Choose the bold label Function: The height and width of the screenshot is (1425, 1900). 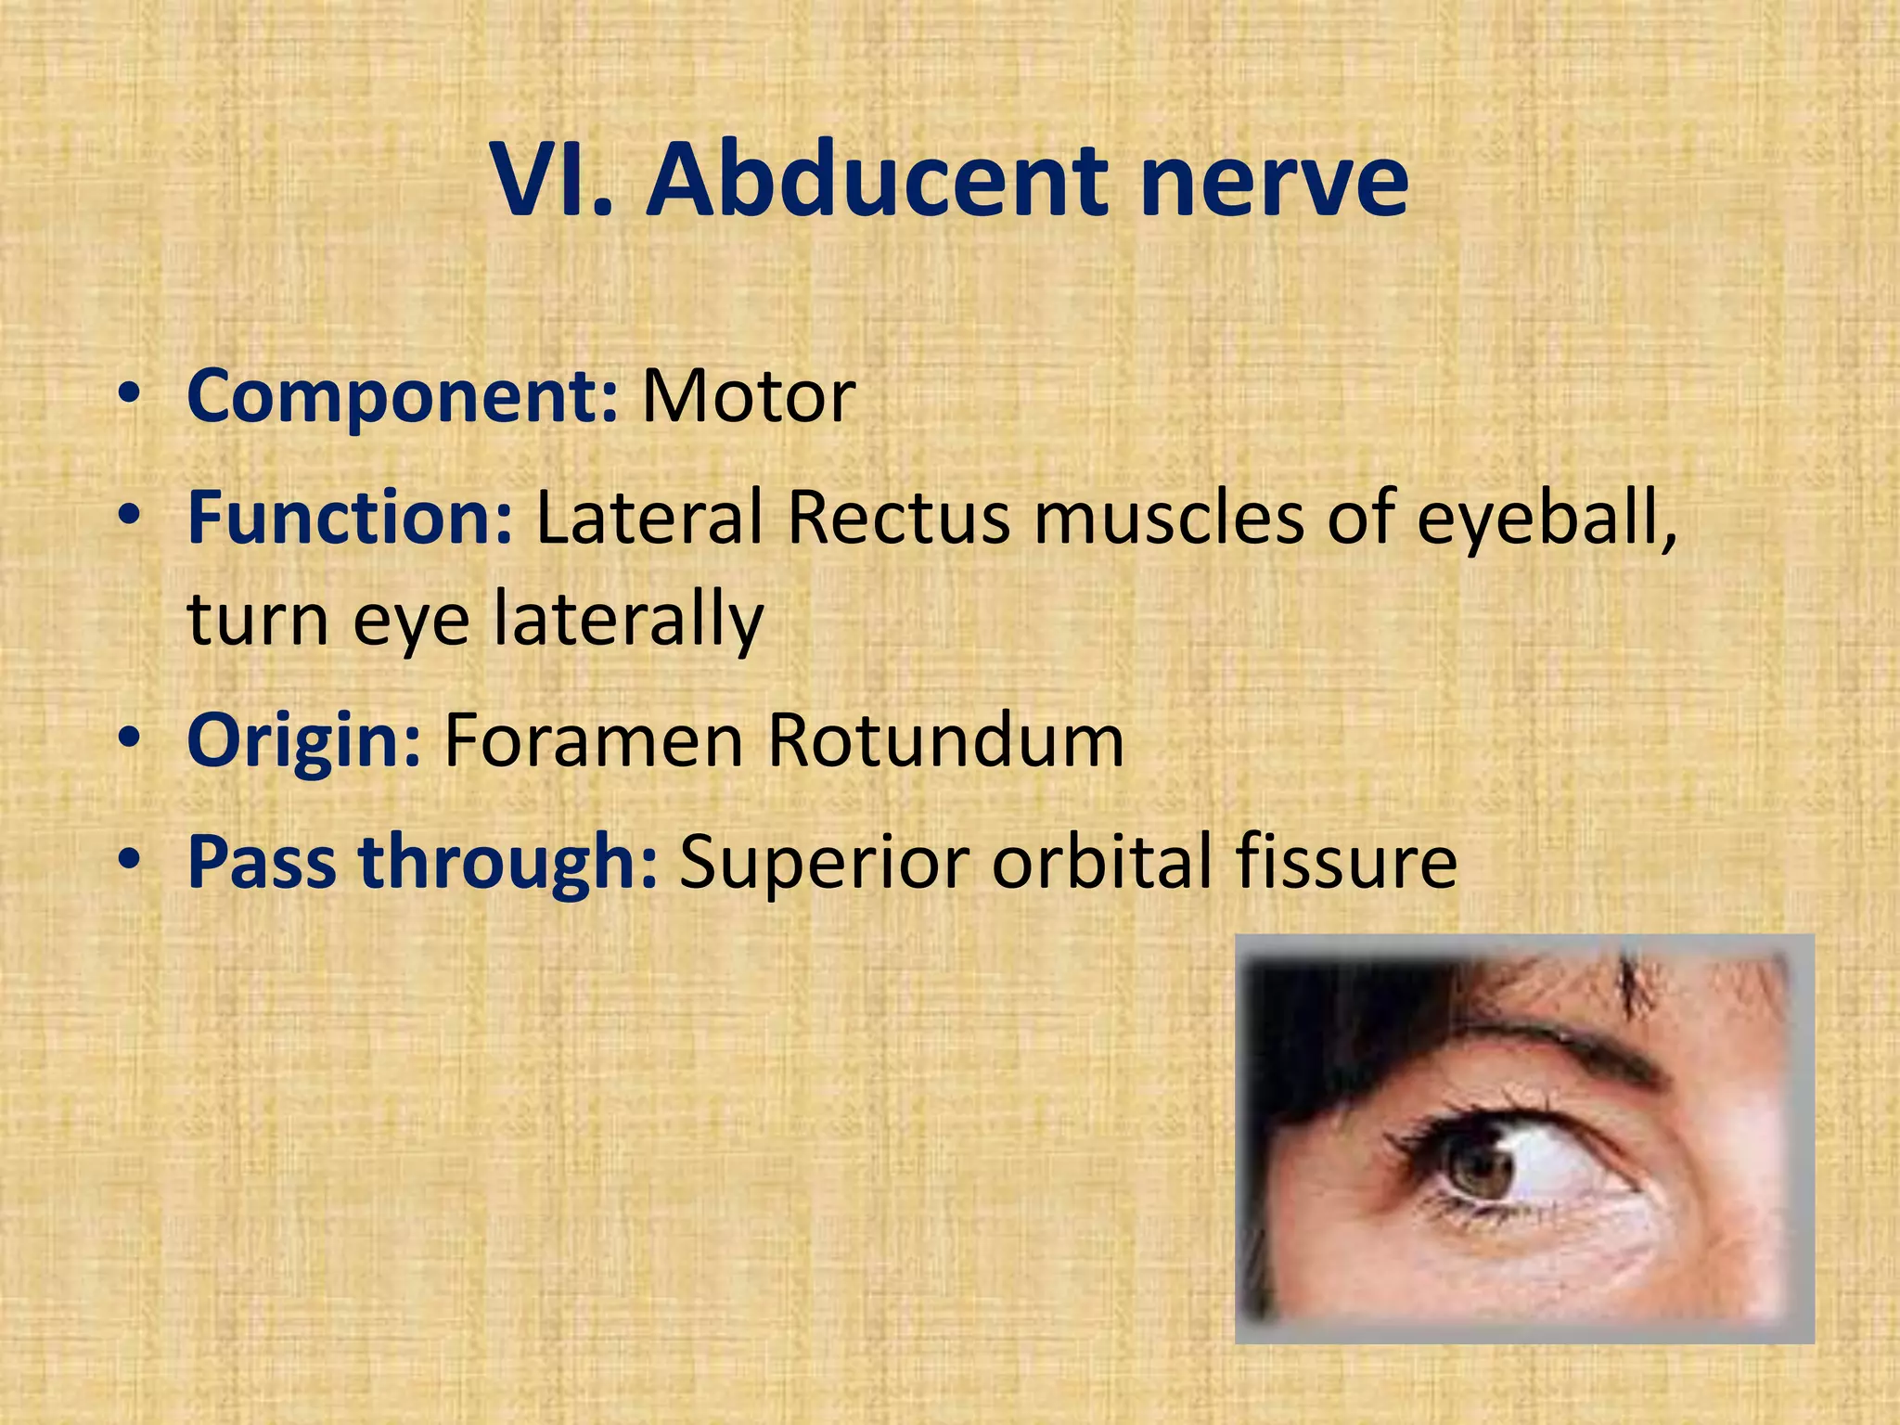pos(350,518)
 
